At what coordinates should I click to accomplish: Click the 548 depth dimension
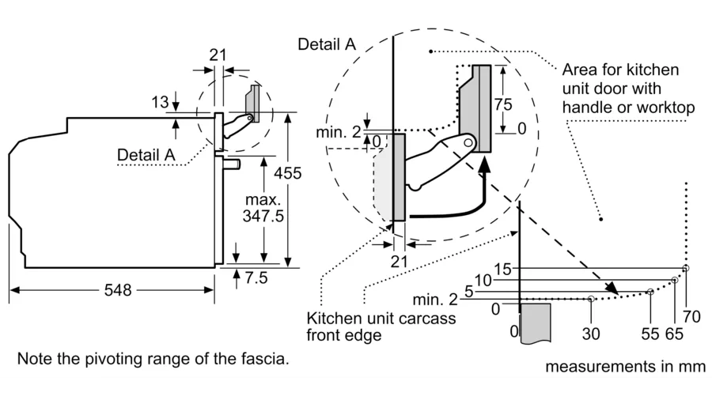(118, 290)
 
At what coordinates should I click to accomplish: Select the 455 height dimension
(287, 173)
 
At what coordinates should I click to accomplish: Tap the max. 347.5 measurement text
(263, 208)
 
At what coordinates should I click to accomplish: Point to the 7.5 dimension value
(256, 277)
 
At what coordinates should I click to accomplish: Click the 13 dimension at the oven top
(160, 102)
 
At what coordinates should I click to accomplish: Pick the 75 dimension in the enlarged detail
(503, 105)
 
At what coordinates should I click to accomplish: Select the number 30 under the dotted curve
(591, 334)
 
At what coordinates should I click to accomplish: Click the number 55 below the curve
(650, 334)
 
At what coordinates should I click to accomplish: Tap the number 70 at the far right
(691, 316)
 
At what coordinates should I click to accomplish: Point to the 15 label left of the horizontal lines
(502, 270)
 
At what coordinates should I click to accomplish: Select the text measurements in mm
(625, 367)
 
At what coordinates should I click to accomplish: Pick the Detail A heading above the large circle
(327, 44)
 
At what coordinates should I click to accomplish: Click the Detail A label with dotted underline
(146, 155)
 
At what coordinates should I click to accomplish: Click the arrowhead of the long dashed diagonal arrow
(612, 288)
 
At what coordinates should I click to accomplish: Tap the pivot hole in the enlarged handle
(468, 143)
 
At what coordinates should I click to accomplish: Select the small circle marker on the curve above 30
(591, 299)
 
